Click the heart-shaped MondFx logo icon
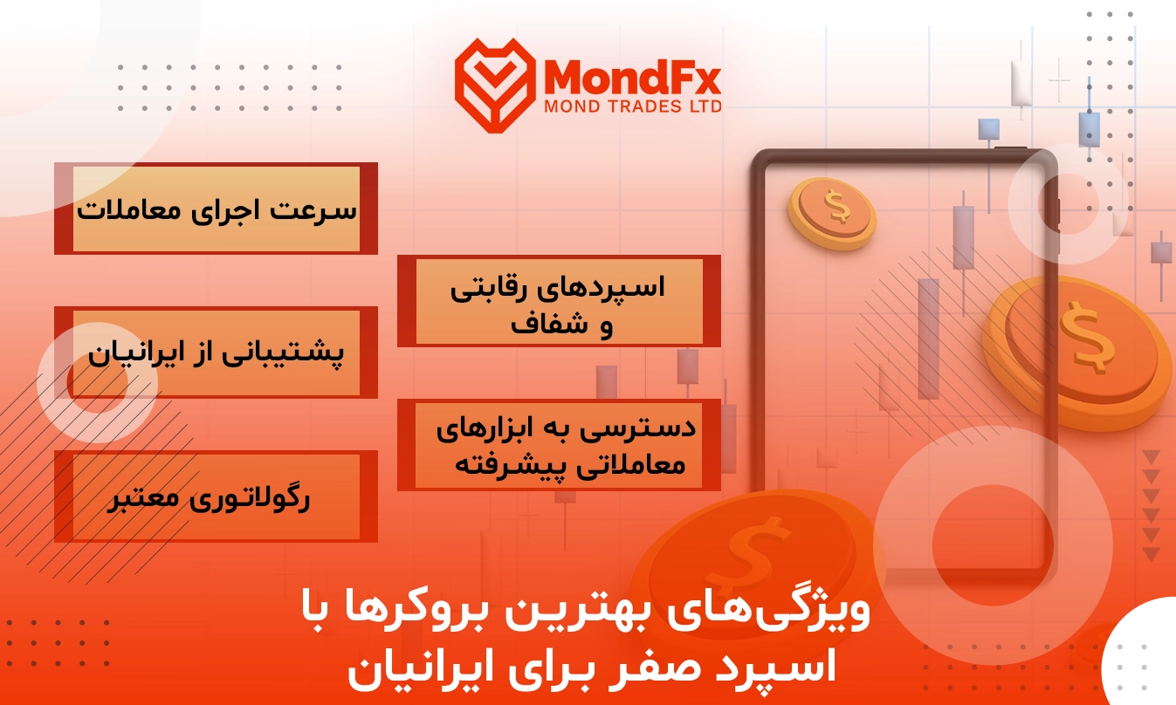495,85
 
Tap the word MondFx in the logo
633,77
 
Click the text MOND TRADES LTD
633,106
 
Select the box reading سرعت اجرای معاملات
216,209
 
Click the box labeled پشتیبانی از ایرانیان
216,352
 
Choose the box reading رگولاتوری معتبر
216,496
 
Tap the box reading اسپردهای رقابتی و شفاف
559,301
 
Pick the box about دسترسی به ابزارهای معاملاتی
559,445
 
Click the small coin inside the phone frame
833,213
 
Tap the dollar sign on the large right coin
1087,339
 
